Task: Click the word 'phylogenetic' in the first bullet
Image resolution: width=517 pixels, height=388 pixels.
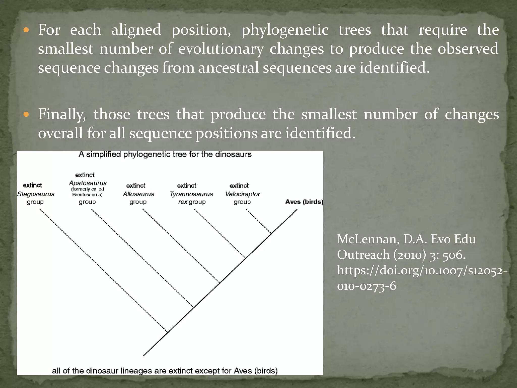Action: [285, 30]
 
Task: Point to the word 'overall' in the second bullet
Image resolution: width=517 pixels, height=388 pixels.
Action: [60, 133]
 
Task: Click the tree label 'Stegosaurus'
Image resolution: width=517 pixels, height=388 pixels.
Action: [36, 194]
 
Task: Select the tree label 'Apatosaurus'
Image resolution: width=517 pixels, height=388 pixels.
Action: [88, 183]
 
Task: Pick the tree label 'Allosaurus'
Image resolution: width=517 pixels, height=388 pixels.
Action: [138, 194]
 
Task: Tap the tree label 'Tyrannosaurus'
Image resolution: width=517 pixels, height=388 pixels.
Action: [191, 194]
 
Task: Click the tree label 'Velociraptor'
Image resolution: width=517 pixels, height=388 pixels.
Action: [242, 194]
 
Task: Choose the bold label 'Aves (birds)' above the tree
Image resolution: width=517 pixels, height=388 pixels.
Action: [304, 202]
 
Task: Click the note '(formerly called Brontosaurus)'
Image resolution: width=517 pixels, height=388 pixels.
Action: [88, 192]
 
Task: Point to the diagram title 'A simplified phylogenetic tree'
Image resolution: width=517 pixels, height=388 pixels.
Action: [165, 154]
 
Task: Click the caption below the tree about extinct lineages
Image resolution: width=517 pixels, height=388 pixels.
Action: [165, 371]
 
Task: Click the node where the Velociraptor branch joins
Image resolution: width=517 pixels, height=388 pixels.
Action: [271, 233]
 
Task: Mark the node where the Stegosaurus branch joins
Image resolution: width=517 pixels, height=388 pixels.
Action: [168, 332]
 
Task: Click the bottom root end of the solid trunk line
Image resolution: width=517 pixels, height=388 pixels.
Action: [144, 355]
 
